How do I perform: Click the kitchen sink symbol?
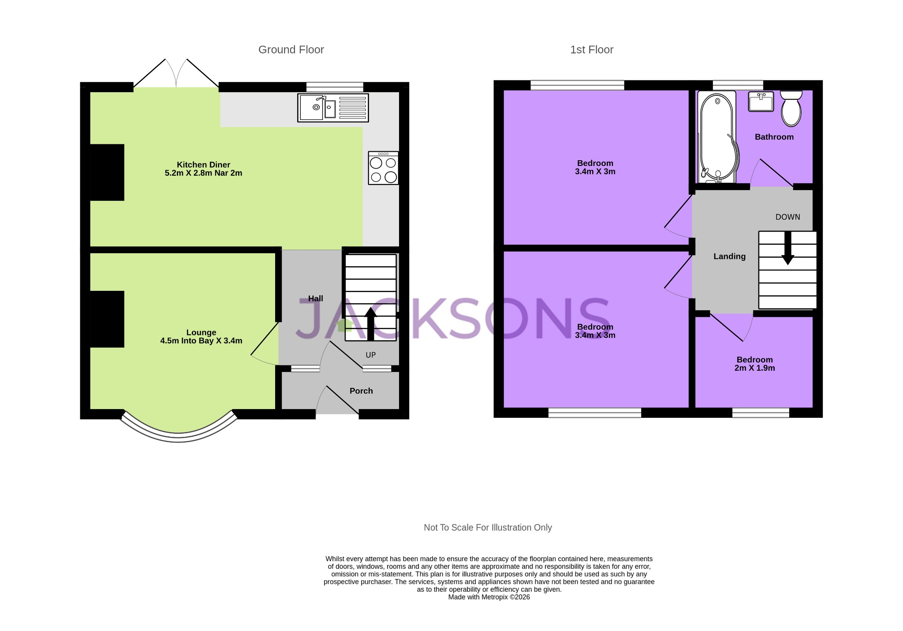click(333, 108)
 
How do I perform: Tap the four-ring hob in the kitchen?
click(383, 168)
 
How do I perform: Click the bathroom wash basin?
click(761, 101)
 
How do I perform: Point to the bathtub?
click(717, 137)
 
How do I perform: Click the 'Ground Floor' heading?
click(291, 50)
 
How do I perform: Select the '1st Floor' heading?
click(591, 50)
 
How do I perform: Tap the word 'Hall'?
click(315, 299)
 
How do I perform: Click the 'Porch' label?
click(361, 391)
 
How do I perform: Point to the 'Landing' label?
click(729, 256)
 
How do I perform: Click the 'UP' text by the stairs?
click(370, 355)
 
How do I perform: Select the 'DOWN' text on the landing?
click(787, 217)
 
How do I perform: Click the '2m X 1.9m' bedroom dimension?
click(754, 368)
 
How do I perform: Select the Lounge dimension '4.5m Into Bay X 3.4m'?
click(201, 341)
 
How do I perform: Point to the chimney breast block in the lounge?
click(107, 319)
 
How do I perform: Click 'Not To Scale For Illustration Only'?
click(488, 528)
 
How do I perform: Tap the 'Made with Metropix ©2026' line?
click(489, 597)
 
